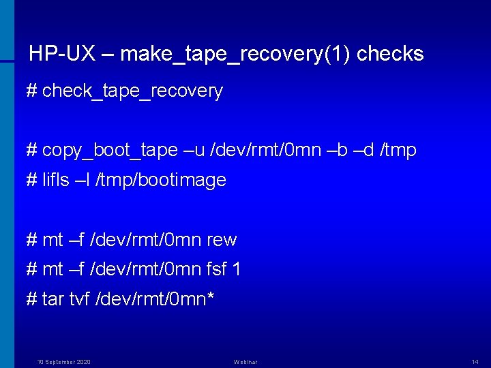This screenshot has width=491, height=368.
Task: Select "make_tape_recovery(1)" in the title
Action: (x=235, y=54)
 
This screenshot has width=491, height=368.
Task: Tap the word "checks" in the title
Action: (x=390, y=54)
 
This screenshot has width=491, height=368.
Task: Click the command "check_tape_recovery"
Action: (x=132, y=91)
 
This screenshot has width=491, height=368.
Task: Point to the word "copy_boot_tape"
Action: (x=110, y=151)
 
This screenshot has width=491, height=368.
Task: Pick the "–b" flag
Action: (x=340, y=151)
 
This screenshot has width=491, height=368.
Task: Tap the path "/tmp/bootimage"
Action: (x=162, y=181)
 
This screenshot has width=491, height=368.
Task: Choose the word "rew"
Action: (x=222, y=240)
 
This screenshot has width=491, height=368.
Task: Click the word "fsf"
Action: (x=216, y=270)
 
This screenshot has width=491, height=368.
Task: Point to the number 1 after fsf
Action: (x=236, y=270)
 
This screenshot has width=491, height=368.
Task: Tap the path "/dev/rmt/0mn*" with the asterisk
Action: (x=158, y=299)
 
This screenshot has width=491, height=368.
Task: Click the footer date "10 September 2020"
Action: (x=63, y=361)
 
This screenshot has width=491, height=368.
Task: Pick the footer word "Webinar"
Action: (x=245, y=361)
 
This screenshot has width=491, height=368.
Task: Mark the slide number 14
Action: (x=475, y=361)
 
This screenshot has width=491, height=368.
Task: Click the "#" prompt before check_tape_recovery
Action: (x=31, y=91)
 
